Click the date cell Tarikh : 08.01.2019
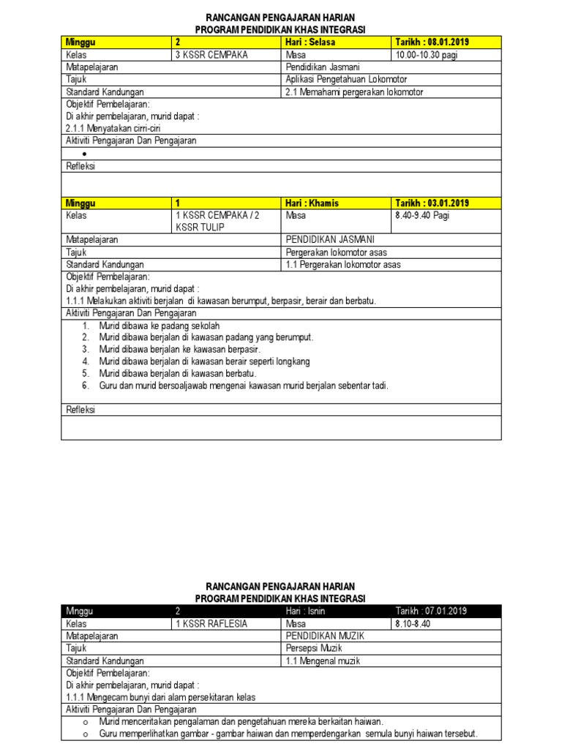(x=432, y=42)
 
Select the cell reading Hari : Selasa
(x=310, y=42)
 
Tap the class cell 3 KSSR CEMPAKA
(x=211, y=55)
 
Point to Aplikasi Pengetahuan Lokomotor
(x=346, y=79)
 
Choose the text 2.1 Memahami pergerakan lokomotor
(x=354, y=91)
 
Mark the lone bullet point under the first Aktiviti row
(x=85, y=154)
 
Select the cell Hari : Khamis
(x=312, y=203)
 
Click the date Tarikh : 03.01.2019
(x=432, y=203)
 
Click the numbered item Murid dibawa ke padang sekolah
(x=160, y=325)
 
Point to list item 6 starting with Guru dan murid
(x=243, y=385)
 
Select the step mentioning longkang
(x=204, y=361)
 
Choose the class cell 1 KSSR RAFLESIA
(x=211, y=624)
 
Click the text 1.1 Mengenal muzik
(x=323, y=660)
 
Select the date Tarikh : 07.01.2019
(x=431, y=611)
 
